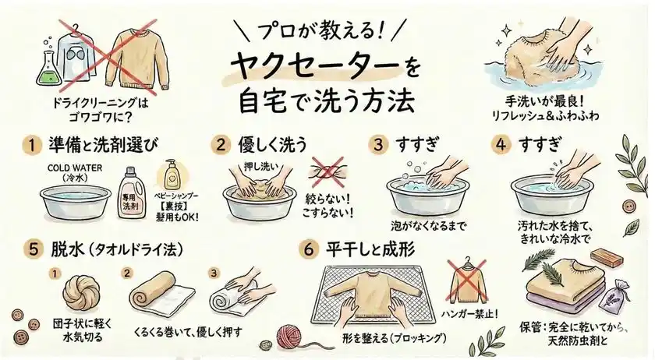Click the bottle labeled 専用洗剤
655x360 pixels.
point(130,188)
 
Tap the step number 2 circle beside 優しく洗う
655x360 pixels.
point(221,145)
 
